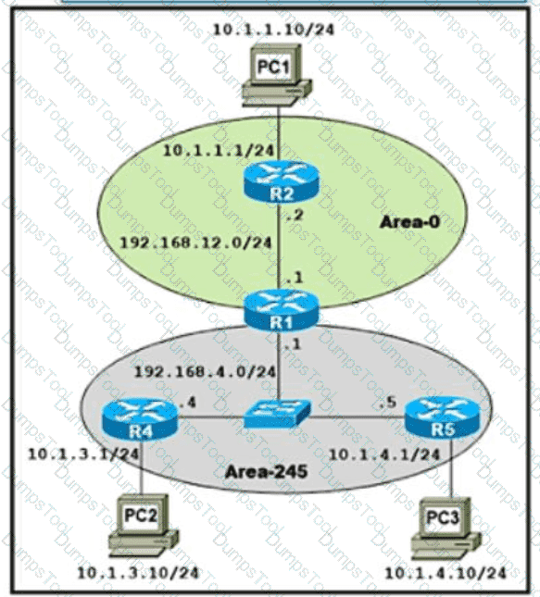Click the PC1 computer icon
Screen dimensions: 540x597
[277, 76]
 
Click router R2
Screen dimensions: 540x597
[281, 183]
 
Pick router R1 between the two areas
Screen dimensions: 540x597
[281, 310]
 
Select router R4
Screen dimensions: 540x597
[140, 418]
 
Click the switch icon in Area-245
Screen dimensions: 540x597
[277, 414]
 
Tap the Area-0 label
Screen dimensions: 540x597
[409, 221]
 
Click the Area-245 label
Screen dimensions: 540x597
[266, 472]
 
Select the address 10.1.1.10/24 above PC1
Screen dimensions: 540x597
[273, 30]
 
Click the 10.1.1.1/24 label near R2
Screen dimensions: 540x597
[219, 150]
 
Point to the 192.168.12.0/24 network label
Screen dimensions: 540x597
[195, 243]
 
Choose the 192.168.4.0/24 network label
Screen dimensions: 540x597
[205, 371]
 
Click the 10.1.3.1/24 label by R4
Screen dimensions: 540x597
[83, 454]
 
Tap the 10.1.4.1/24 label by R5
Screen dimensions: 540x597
[384, 454]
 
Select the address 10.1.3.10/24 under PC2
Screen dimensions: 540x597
[138, 573]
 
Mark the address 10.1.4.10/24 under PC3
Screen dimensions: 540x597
[446, 573]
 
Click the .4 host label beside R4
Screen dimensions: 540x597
[188, 403]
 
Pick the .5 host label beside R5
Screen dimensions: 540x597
[387, 403]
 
